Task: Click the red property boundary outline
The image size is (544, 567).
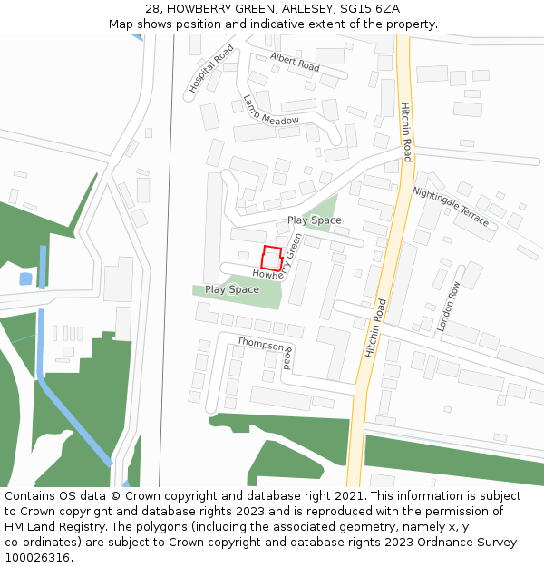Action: pos(272,258)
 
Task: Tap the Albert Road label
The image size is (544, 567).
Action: pos(296,63)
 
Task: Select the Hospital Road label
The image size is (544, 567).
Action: pos(211,69)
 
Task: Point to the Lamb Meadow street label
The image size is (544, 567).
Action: pos(270,110)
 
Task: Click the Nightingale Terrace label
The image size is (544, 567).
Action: pos(451,207)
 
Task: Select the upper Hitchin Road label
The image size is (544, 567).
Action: pos(407,132)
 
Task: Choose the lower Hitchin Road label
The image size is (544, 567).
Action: pos(376,327)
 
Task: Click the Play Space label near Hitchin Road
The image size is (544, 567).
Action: pos(315,220)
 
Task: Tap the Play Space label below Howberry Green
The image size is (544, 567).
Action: pos(231,289)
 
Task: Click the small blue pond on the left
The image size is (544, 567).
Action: pos(25,279)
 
